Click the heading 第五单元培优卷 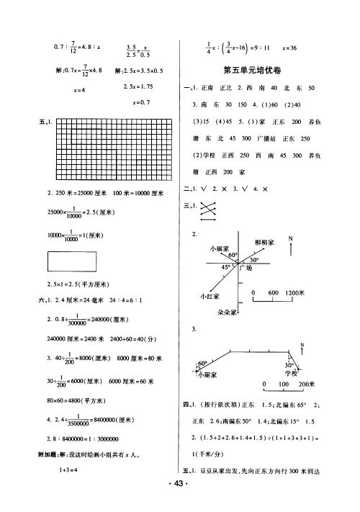tap(258, 70)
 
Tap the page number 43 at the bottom tap(179, 499)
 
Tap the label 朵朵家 tap(228, 314)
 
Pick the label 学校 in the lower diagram tap(290, 374)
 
